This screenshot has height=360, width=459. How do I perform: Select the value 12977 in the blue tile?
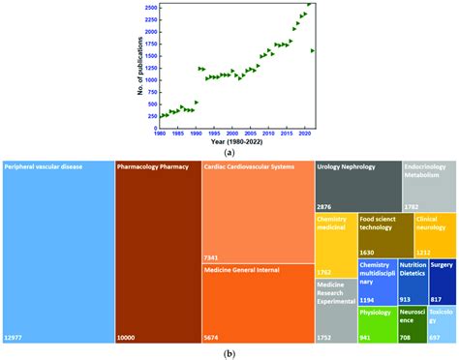16,337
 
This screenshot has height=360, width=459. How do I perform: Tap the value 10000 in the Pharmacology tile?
129,337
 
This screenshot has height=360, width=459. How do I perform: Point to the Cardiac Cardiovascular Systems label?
251,167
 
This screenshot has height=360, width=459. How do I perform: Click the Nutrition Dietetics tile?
414,281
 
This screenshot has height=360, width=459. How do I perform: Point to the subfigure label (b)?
229,353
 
